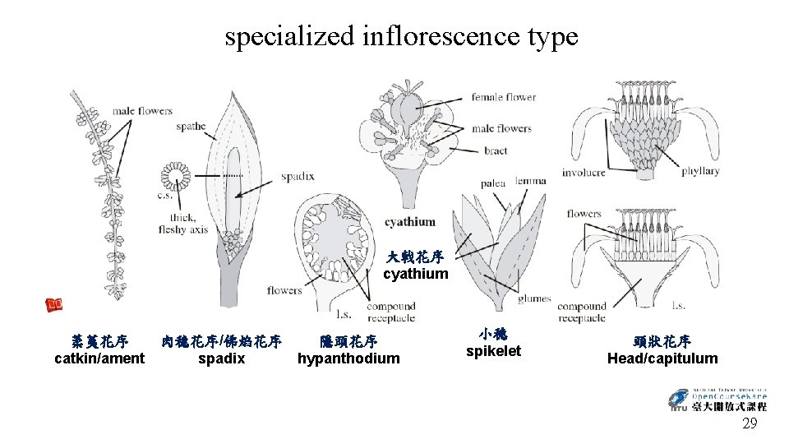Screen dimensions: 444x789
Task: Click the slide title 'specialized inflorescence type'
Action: tap(401, 36)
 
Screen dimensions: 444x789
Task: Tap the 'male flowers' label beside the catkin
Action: tap(142, 111)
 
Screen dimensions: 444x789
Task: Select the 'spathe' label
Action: tap(191, 127)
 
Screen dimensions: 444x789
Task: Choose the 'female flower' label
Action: tap(503, 97)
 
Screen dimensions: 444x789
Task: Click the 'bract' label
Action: tap(496, 150)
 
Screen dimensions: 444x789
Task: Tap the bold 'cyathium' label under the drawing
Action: tap(410, 222)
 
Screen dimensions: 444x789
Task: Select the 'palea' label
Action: tap(493, 183)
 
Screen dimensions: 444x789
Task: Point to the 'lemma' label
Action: tap(530, 181)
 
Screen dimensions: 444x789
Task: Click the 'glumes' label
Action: tap(535, 298)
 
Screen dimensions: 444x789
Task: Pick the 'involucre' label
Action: tap(584, 173)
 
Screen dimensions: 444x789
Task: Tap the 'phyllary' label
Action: tap(700, 171)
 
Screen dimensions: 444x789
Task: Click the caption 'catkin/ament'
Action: tap(99, 358)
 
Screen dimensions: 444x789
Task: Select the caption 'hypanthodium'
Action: tap(348, 358)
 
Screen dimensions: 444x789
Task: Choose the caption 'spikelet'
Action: tap(493, 352)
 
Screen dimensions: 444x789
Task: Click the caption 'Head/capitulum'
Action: tap(662, 358)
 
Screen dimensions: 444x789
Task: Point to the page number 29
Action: tap(750, 424)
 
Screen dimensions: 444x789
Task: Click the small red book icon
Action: tap(55, 304)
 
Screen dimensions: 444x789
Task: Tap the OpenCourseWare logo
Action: tap(717, 399)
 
